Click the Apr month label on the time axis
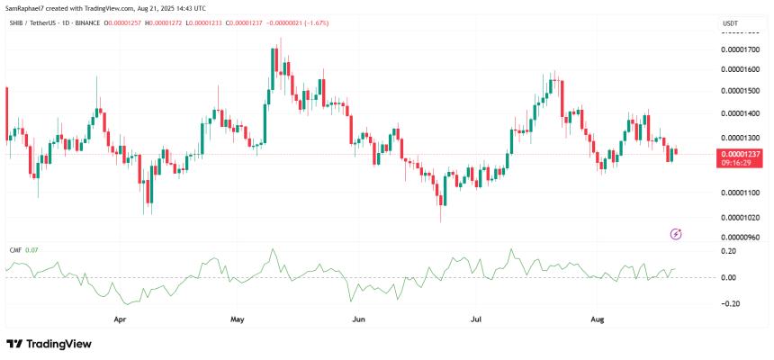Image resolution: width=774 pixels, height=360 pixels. point(119,319)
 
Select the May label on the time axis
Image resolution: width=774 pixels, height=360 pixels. point(238,319)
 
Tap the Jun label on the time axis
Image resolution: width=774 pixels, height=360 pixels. point(358,319)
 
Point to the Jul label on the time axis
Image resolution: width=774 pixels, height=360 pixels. point(476,319)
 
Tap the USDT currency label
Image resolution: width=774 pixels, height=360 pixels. point(732,22)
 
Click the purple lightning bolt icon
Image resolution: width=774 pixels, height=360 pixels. point(677,234)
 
